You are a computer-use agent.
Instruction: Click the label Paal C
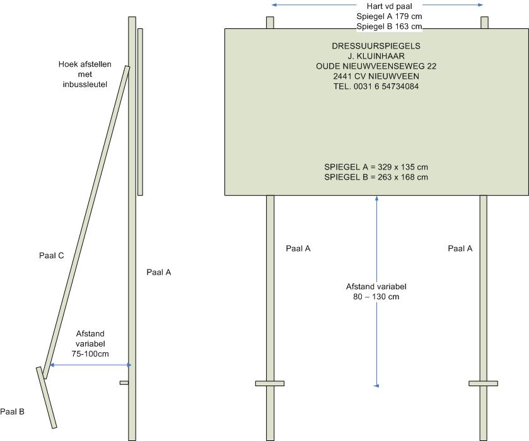51,256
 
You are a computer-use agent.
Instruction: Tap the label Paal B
12,412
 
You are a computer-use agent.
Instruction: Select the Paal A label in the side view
159,272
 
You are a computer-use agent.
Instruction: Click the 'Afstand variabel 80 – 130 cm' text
376,291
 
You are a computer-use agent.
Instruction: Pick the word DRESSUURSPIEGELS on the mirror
376,46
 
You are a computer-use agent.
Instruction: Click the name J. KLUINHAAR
376,56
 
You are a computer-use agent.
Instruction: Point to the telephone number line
376,86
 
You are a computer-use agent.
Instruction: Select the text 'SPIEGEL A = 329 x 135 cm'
376,167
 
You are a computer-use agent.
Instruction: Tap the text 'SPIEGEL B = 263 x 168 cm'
376,177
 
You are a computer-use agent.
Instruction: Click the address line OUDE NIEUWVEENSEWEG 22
376,66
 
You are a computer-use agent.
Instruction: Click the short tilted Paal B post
47,398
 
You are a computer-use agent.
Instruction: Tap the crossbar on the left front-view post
270,383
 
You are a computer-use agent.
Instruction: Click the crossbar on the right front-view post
484,383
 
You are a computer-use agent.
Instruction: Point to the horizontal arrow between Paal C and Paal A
90,365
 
